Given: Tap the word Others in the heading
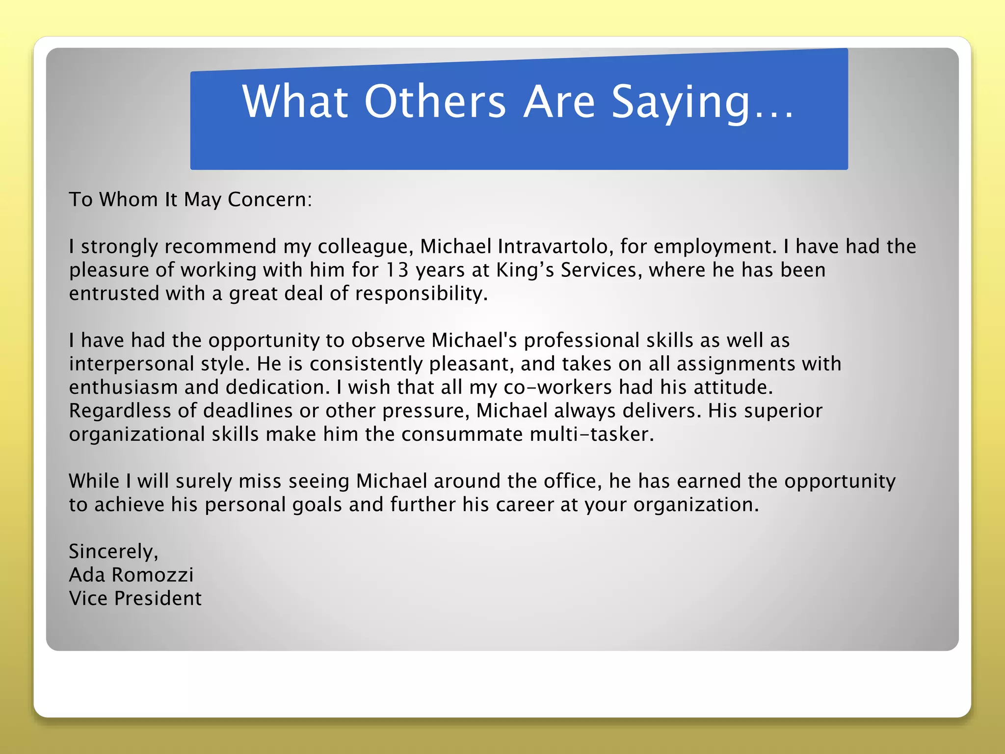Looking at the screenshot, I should click(x=435, y=102).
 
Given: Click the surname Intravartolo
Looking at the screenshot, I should click(x=553, y=246).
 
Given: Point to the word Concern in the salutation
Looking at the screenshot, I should click(x=269, y=200).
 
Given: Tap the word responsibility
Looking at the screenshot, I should click(x=421, y=294).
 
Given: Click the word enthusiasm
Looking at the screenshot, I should click(x=123, y=387).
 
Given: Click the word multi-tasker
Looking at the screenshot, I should click(x=592, y=434).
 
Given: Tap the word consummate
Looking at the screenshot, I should click(x=462, y=434).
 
